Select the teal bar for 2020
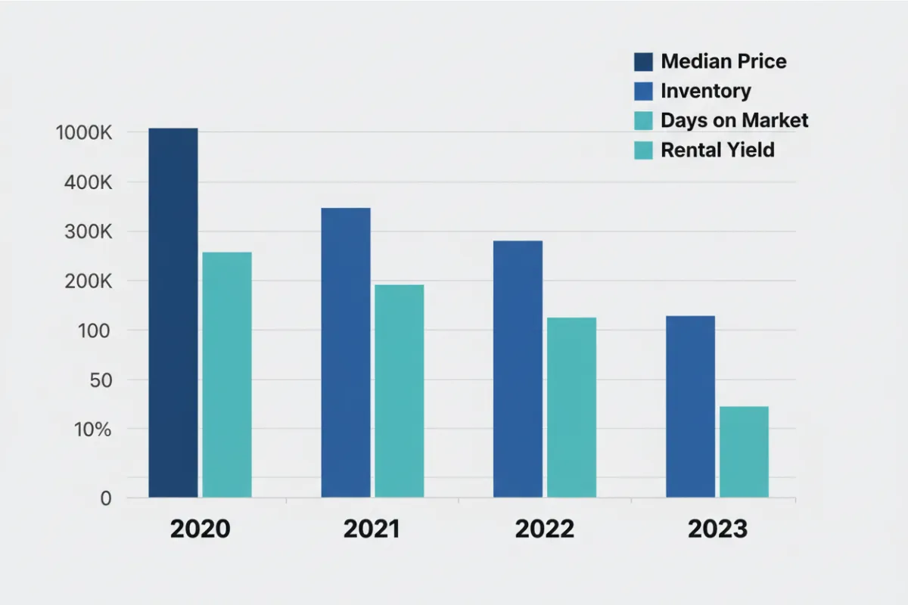pyautogui.click(x=227, y=374)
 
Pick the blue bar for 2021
pyautogui.click(x=346, y=352)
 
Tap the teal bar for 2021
pyautogui.click(x=399, y=391)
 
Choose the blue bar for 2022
pyautogui.click(x=518, y=369)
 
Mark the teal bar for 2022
pyautogui.click(x=571, y=407)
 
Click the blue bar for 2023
pyautogui.click(x=690, y=406)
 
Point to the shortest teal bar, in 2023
pyautogui.click(x=744, y=451)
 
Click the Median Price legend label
pyautogui.click(x=723, y=61)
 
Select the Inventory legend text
pyautogui.click(x=705, y=91)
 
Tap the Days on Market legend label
pyautogui.click(x=734, y=120)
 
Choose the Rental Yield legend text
pyautogui.click(x=717, y=150)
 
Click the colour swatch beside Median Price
pyautogui.click(x=642, y=61)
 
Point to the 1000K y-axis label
pyautogui.click(x=84, y=133)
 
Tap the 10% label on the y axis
pyautogui.click(x=94, y=430)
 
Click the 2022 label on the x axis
pyautogui.click(x=545, y=529)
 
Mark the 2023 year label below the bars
pyautogui.click(x=717, y=529)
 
